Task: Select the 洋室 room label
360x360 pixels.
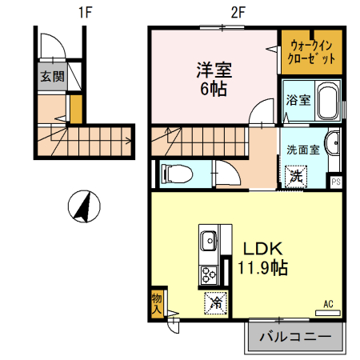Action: coord(212,70)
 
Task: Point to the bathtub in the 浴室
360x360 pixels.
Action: coord(329,102)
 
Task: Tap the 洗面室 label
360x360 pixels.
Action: coord(303,150)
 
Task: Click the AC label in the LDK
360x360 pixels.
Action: coord(328,303)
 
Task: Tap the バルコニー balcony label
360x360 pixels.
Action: coord(295,336)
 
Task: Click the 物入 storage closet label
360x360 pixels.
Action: coord(157,302)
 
